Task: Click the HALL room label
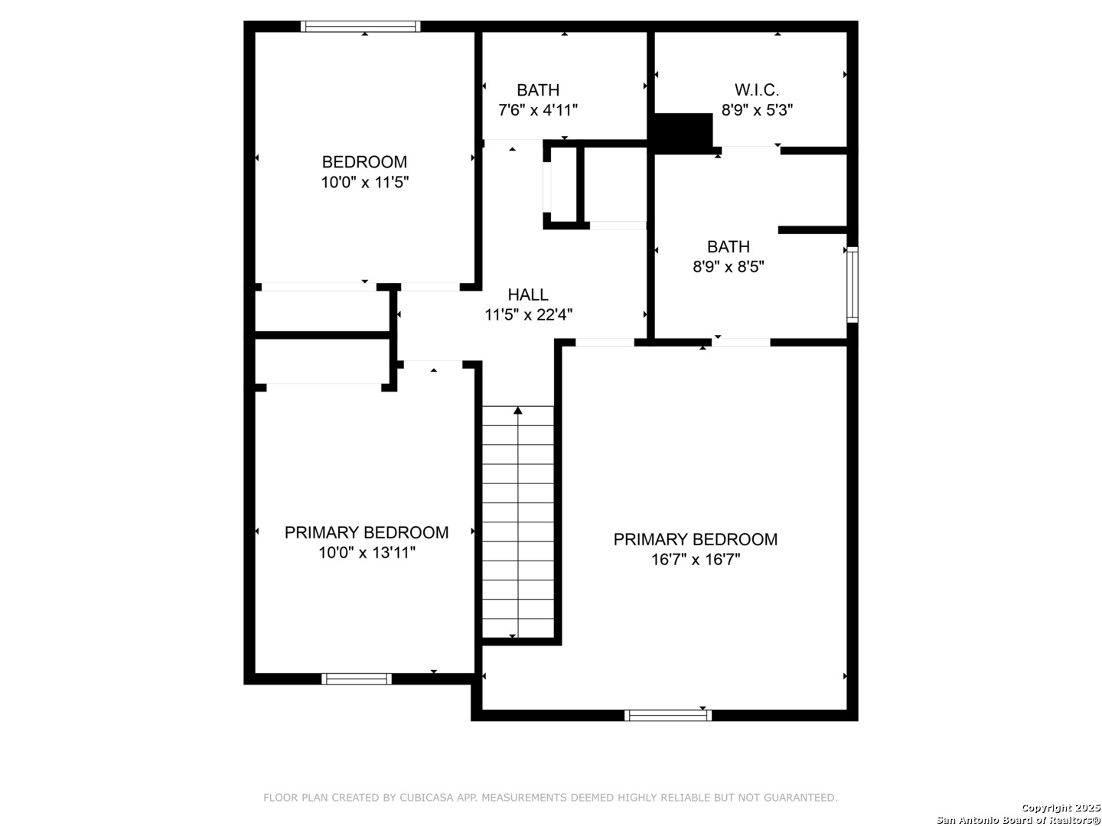pyautogui.click(x=527, y=294)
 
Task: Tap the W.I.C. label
pyautogui.click(x=757, y=89)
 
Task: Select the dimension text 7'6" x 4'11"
pyautogui.click(x=538, y=110)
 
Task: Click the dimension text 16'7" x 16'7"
pyautogui.click(x=696, y=559)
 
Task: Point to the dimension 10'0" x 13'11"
pyautogui.click(x=367, y=553)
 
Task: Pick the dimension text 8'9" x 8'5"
pyautogui.click(x=729, y=266)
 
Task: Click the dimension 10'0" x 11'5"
pyautogui.click(x=365, y=182)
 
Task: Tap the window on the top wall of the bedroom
pyautogui.click(x=360, y=26)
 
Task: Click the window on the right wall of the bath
pyautogui.click(x=852, y=285)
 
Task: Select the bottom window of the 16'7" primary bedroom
pyautogui.click(x=668, y=715)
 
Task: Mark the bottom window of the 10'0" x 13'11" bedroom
pyautogui.click(x=357, y=678)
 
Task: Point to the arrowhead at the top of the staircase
pyautogui.click(x=517, y=410)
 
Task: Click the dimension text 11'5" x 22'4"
pyautogui.click(x=528, y=315)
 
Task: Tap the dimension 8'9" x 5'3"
pyautogui.click(x=757, y=110)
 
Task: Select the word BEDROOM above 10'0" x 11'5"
pyautogui.click(x=364, y=162)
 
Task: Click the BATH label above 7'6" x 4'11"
pyautogui.click(x=538, y=90)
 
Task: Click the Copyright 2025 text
pyautogui.click(x=1061, y=808)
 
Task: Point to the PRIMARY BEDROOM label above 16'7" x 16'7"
pyautogui.click(x=696, y=539)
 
